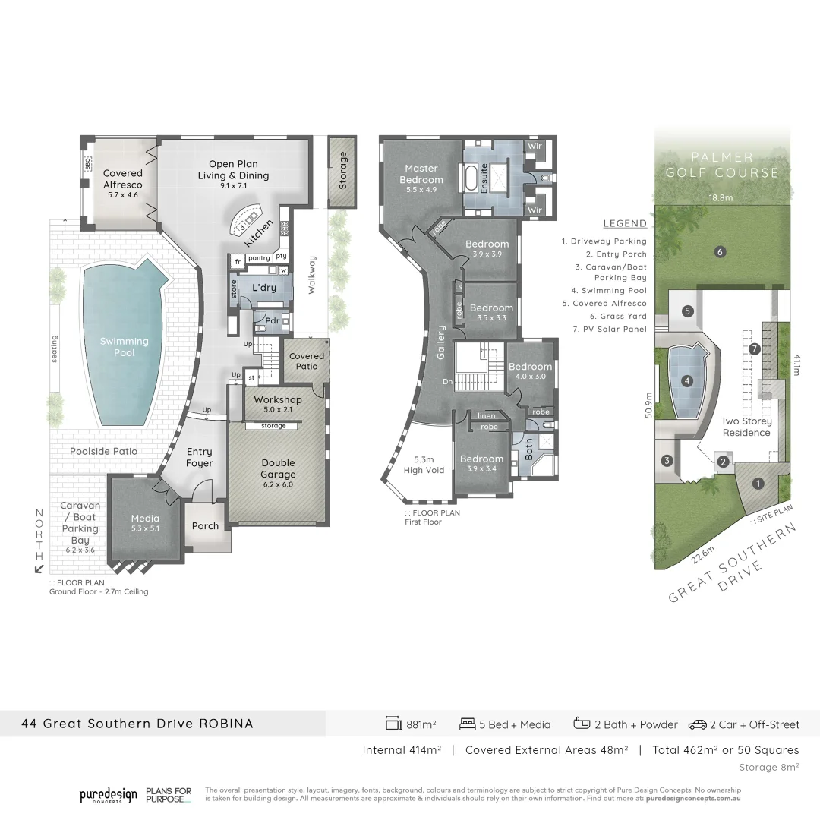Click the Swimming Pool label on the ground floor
[x=125, y=347]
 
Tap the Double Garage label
[x=278, y=468]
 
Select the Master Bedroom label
[x=421, y=174]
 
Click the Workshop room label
[x=278, y=399]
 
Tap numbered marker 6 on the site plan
[x=720, y=252]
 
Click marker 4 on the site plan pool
[x=688, y=381]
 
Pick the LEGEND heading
[x=625, y=223]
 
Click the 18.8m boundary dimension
[x=721, y=197]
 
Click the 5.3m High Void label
[x=424, y=465]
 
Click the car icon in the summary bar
[x=697, y=724]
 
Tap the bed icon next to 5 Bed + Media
[x=468, y=724]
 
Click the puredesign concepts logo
[x=109, y=795]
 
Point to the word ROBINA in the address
[x=225, y=724]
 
